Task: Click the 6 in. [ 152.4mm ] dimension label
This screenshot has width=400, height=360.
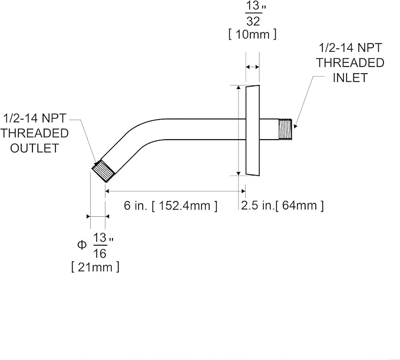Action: [171, 206]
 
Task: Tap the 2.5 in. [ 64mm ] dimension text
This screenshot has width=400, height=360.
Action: [282, 206]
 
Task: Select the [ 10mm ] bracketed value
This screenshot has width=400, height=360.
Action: [252, 34]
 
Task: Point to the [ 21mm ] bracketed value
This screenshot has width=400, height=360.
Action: [95, 267]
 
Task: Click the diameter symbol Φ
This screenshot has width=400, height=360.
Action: [82, 245]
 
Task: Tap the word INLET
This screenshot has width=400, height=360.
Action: [350, 78]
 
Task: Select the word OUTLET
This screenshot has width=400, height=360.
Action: [34, 148]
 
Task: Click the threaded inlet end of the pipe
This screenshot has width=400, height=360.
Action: [285, 129]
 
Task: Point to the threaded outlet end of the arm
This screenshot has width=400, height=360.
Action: [103, 171]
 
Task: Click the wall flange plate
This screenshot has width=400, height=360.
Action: [253, 130]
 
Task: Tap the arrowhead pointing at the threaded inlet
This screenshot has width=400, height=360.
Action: [295, 125]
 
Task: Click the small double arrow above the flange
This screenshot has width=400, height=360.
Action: [253, 67]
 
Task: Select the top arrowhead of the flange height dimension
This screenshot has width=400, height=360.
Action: [239, 87]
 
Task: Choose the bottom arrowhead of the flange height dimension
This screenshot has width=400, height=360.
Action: [239, 173]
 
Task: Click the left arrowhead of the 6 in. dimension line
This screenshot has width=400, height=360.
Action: [107, 191]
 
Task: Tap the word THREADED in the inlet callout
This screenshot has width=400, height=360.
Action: [351, 63]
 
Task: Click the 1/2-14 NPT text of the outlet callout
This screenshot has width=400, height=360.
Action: [35, 118]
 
